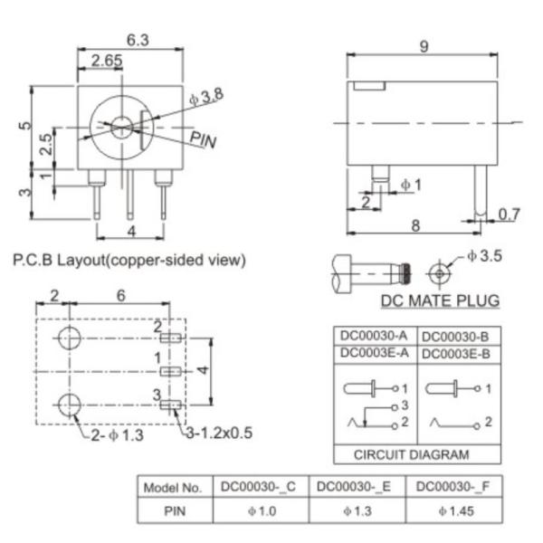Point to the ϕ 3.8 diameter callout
tap(205, 96)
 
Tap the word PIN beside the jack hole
tap(203, 139)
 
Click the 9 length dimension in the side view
tap(424, 46)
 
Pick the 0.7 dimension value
tap(510, 214)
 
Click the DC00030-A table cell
tap(376, 335)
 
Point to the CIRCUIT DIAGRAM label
tap(412, 454)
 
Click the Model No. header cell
tap(173, 487)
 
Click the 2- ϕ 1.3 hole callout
tap(118, 434)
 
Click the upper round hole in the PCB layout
tap(68, 340)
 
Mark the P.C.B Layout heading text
tap(129, 260)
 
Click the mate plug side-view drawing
tap(371, 271)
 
